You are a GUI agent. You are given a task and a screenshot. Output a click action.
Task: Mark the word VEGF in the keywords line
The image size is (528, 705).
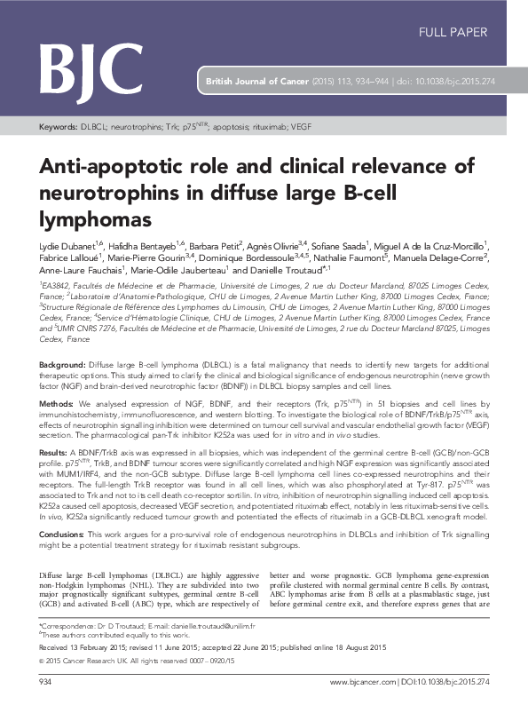302,128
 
